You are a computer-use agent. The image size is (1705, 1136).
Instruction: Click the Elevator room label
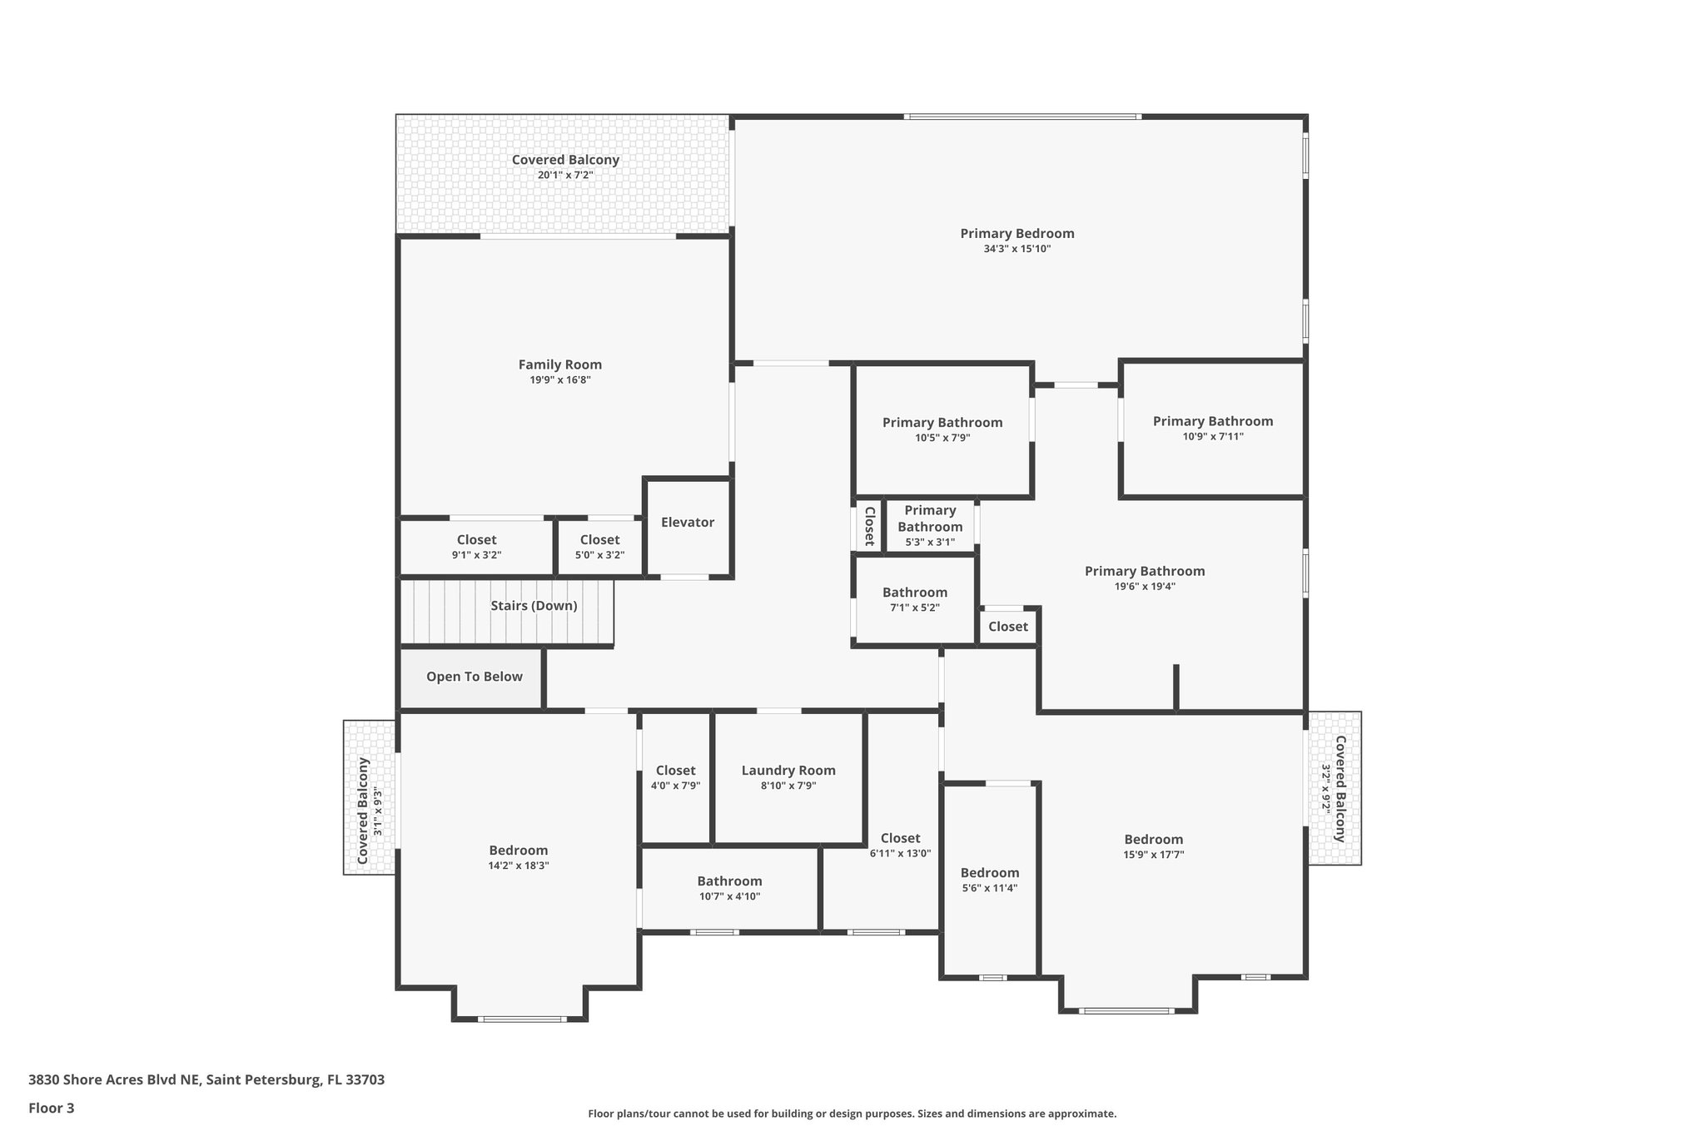point(687,523)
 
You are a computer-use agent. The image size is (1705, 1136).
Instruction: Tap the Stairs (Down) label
point(534,606)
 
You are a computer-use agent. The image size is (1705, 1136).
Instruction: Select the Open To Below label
point(474,677)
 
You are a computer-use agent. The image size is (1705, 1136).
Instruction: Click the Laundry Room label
point(788,771)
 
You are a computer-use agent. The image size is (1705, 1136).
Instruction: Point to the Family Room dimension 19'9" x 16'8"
point(559,380)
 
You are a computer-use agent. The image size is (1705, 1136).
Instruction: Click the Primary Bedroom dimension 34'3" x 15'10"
point(1017,249)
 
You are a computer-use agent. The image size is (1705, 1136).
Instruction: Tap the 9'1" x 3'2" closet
point(476,547)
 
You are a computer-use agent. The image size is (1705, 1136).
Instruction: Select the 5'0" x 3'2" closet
point(599,547)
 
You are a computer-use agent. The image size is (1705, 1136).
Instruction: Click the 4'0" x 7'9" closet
point(675,777)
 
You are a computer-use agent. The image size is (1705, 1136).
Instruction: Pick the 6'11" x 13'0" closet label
point(900,845)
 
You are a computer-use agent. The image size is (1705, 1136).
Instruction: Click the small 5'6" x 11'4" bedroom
point(989,880)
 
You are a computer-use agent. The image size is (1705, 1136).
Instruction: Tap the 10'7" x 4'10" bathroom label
point(729,888)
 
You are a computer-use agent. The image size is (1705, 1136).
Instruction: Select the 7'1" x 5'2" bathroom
point(914,599)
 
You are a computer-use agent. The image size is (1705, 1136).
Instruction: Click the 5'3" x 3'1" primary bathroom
point(930,525)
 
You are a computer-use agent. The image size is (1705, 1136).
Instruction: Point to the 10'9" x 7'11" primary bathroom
point(1212,429)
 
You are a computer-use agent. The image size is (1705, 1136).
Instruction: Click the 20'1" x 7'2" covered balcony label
point(564,166)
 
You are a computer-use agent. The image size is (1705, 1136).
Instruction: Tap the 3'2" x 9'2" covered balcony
point(1334,788)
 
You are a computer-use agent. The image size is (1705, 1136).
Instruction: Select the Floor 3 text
point(52,1108)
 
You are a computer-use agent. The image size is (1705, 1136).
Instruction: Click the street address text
point(206,1080)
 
